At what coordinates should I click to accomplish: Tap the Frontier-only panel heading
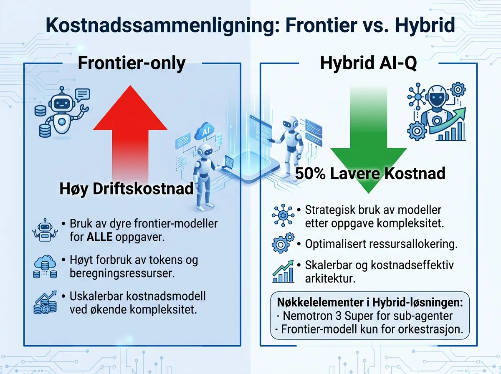pos(132,63)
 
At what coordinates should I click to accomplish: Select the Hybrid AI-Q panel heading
pos(368,63)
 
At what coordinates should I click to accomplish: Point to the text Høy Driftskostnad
pos(126,189)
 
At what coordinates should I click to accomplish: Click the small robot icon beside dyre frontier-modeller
pos(44,230)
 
